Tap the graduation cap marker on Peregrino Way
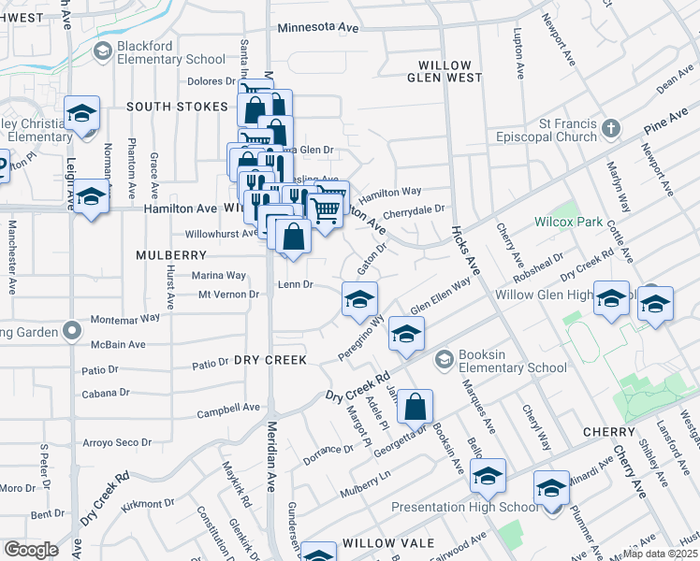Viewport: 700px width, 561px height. [x=359, y=299]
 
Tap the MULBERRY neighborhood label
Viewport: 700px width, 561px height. [x=170, y=254]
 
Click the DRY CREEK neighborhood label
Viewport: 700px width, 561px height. [x=270, y=360]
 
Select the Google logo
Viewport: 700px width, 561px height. [x=32, y=550]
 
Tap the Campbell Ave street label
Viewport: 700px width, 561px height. [x=228, y=408]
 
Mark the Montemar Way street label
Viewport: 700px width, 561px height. [x=125, y=318]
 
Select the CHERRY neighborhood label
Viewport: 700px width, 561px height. [x=609, y=432]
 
